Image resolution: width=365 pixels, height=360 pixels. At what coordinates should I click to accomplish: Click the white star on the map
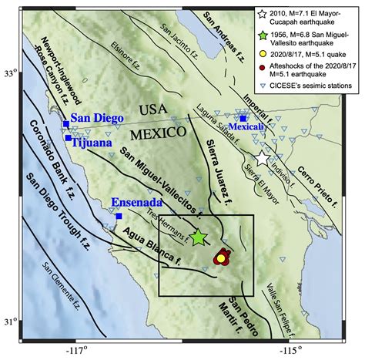pyautogui.click(x=262, y=159)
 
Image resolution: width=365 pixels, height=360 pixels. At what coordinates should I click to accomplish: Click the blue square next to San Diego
pyautogui.click(x=65, y=123)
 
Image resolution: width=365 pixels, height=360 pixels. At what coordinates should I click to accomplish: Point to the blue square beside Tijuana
pyautogui.click(x=65, y=141)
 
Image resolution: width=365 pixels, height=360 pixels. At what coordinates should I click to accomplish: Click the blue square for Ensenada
pyautogui.click(x=119, y=216)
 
